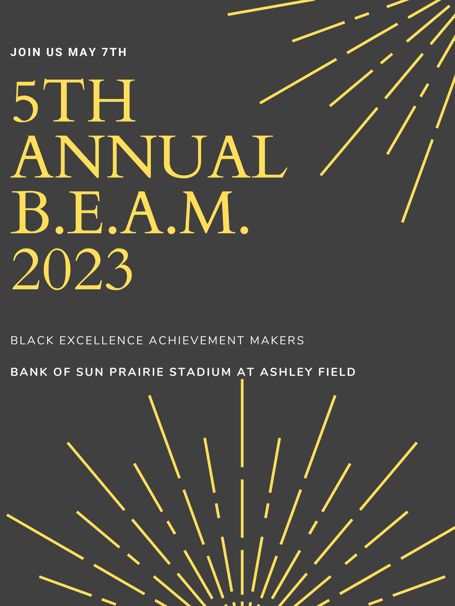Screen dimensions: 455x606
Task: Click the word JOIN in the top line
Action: tap(25, 52)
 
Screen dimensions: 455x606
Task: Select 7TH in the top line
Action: tap(114, 52)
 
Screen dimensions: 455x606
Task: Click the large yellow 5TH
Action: tap(73, 101)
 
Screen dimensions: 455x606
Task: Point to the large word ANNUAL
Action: tap(149, 157)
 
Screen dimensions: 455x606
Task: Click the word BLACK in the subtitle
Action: tap(33, 341)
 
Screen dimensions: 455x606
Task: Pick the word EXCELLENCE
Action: tap(102, 341)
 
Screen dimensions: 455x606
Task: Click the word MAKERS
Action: tap(277, 341)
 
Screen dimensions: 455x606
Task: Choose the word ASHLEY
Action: tap(286, 372)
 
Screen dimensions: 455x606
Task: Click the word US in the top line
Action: tap(55, 52)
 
